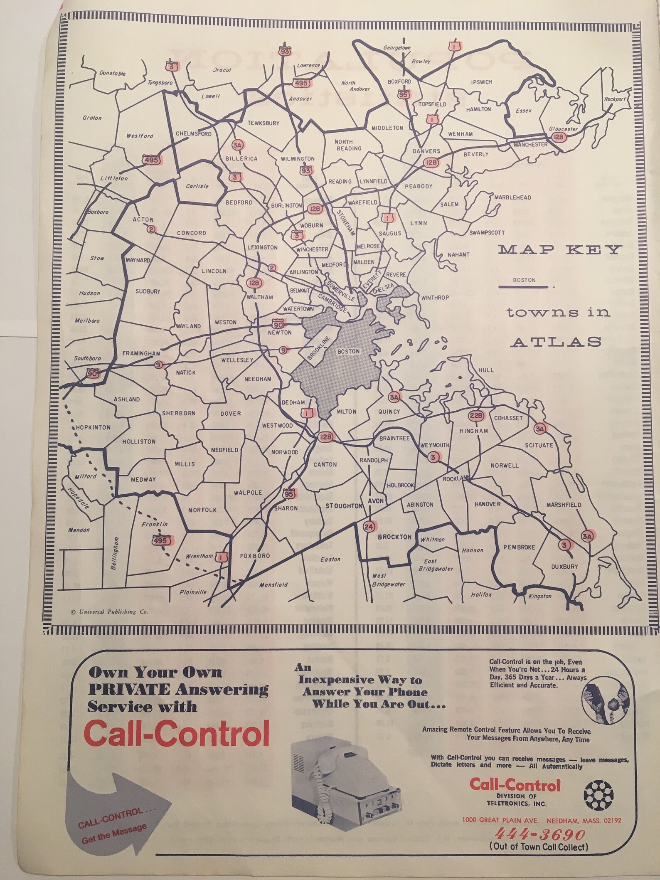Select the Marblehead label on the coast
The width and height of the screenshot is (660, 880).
click(x=512, y=197)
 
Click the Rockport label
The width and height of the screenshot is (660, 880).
click(x=615, y=99)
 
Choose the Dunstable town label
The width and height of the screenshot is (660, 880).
click(x=112, y=73)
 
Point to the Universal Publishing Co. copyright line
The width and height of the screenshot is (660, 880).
click(x=106, y=612)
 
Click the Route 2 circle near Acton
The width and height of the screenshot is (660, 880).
click(x=150, y=229)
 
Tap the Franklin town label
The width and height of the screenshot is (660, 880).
click(x=154, y=525)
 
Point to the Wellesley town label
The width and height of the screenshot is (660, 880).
click(x=237, y=360)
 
